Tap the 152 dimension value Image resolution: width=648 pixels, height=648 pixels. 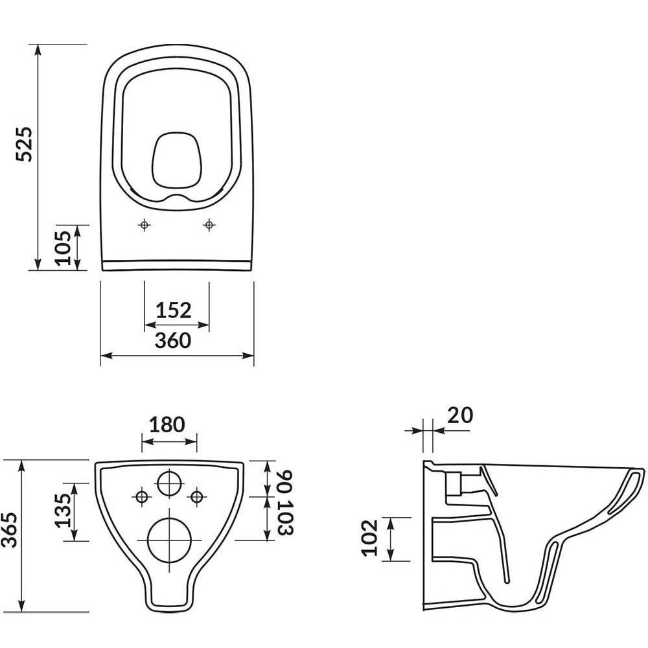(x=174, y=310)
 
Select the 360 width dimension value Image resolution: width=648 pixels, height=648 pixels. (x=173, y=340)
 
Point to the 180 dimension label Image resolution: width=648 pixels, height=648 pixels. (x=167, y=425)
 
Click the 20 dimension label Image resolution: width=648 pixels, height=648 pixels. (x=459, y=414)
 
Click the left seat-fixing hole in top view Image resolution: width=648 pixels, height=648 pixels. (x=145, y=224)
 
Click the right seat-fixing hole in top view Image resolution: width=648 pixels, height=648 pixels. (x=208, y=224)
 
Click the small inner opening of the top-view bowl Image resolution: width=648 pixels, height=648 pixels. (x=175, y=159)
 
